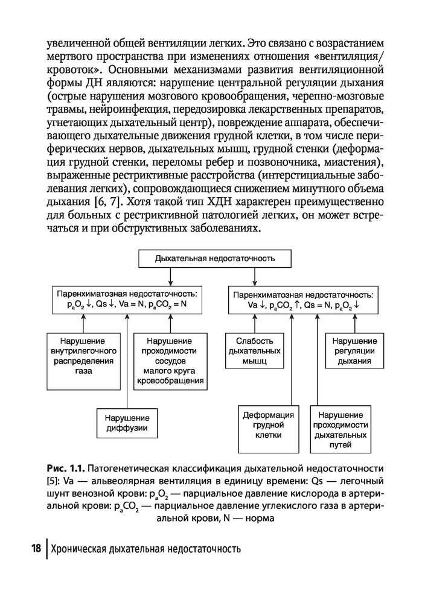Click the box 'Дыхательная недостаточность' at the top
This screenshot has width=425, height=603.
coord(215,259)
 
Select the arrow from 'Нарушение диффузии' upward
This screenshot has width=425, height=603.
coord(127,362)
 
